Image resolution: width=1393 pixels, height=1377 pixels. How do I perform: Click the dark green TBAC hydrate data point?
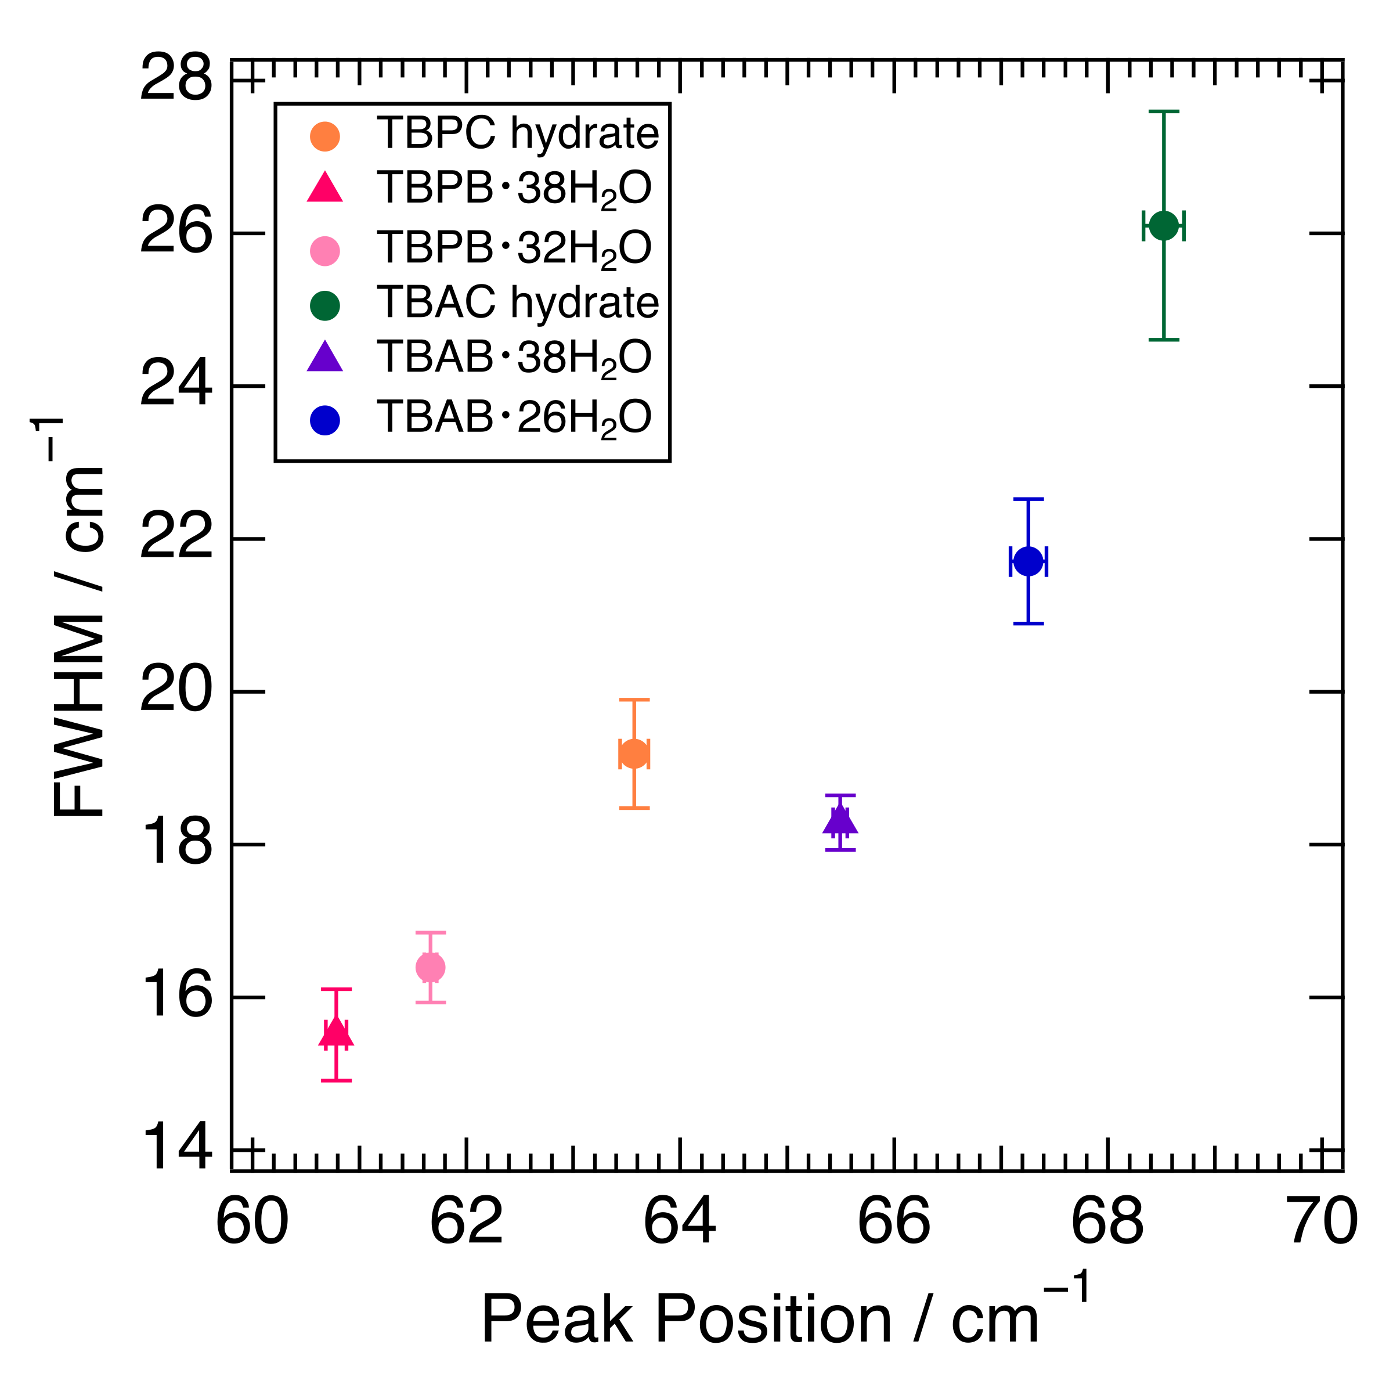click(1163, 226)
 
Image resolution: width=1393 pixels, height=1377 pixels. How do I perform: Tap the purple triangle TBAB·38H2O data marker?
click(840, 821)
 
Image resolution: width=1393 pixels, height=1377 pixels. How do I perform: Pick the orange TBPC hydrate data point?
click(634, 754)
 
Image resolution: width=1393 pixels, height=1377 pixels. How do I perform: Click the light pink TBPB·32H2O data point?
click(431, 967)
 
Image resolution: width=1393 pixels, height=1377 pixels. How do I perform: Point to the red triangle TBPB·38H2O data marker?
click(336, 1033)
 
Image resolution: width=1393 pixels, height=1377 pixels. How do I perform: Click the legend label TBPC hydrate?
click(517, 134)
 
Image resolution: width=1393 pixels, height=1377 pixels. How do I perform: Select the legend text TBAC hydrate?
click(517, 302)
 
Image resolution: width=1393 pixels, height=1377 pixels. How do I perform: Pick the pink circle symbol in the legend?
click(324, 250)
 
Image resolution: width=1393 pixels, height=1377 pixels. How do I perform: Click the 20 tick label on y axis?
click(176, 691)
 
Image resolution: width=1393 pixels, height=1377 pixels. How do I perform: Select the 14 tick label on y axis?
click(176, 1148)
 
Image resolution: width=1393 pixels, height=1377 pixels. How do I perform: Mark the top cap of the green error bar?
click(1163, 112)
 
